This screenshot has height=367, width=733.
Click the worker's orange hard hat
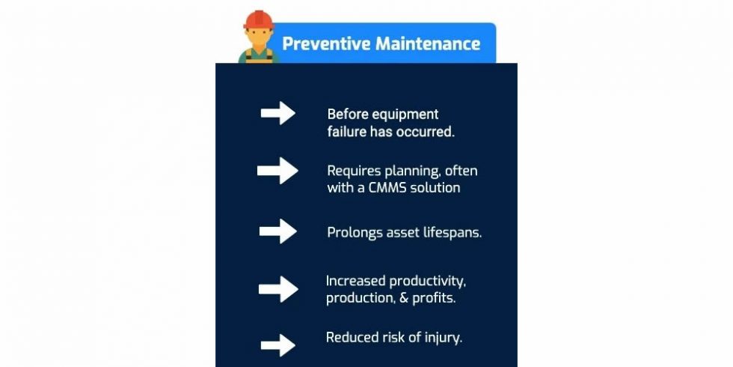coord(259,19)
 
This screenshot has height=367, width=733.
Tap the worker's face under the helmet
coord(259,37)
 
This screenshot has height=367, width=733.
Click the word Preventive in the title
coord(326,43)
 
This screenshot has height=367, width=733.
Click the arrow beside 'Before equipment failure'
coord(277,114)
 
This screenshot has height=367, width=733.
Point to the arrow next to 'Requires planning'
coord(277,171)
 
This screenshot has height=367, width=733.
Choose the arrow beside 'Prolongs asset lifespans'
coord(278,231)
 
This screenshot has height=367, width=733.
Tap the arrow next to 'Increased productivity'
coord(278,289)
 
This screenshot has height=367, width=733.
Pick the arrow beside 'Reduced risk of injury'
coord(277,345)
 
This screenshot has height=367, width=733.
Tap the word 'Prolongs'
coord(355,232)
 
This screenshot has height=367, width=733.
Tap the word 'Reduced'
coord(352,337)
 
